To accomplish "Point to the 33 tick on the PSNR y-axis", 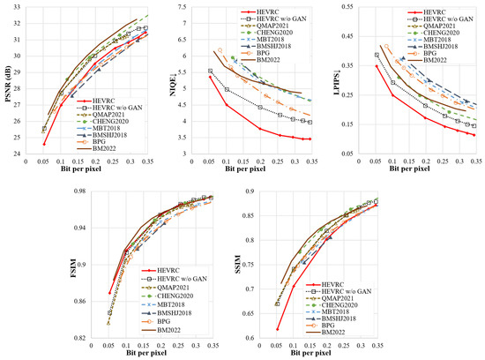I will click(29, 6).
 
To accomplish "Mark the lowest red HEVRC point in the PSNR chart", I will click(44, 144).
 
